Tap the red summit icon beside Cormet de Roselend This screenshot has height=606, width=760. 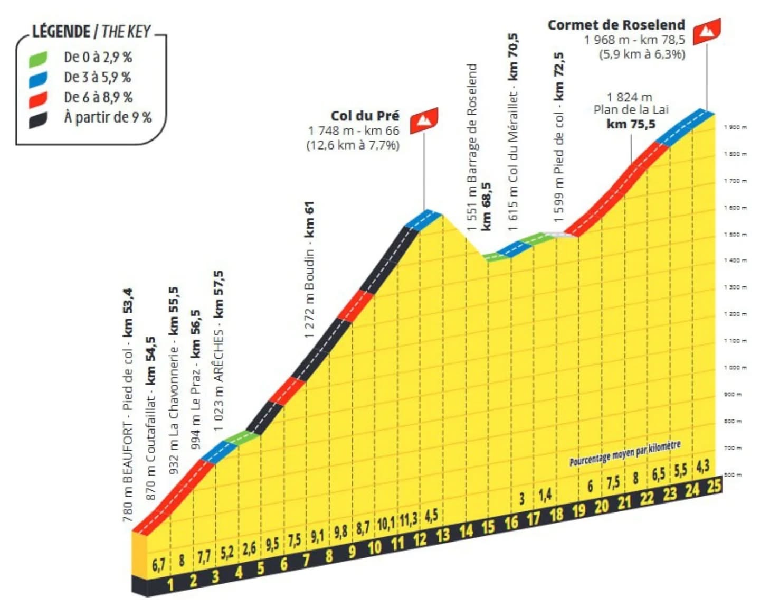pyautogui.click(x=707, y=32)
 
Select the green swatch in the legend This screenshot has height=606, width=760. pyautogui.click(x=38, y=58)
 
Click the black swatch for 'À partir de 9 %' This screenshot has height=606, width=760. pyautogui.click(x=38, y=119)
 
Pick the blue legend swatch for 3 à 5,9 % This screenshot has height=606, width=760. pyautogui.click(x=38, y=78)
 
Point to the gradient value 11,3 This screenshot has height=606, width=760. pyautogui.click(x=408, y=520)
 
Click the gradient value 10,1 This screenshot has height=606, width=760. pyautogui.click(x=385, y=524)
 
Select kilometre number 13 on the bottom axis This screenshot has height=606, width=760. pyautogui.click(x=442, y=535)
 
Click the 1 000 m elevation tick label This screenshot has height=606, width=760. pyautogui.click(x=735, y=367)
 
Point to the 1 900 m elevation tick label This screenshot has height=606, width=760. pyautogui.click(x=735, y=127)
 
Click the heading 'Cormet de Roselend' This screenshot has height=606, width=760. pyautogui.click(x=616, y=25)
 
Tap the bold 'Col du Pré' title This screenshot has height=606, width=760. pyautogui.click(x=365, y=116)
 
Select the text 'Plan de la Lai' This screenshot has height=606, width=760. pyautogui.click(x=631, y=110)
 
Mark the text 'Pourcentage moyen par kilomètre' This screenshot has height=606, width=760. pyautogui.click(x=625, y=454)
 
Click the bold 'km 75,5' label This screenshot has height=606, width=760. pyautogui.click(x=631, y=124)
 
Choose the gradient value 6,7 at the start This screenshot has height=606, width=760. pyautogui.click(x=158, y=565)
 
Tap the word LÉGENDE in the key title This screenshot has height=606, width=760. pyautogui.click(x=61, y=32)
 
